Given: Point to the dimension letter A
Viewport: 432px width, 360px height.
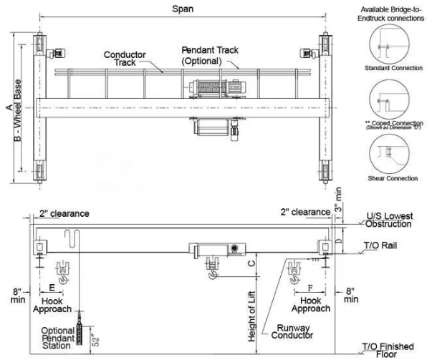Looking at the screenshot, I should click(x=7, y=107).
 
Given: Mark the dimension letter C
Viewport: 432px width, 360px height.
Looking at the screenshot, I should click(x=250, y=263).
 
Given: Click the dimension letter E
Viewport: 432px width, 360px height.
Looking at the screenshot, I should click(x=52, y=288).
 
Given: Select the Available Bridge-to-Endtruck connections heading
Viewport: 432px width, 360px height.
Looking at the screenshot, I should click(x=388, y=11).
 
